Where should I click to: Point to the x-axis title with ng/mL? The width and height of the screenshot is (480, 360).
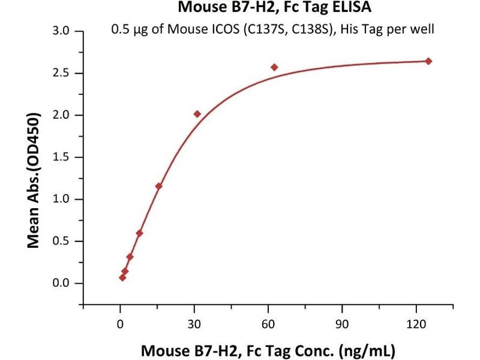click(x=268, y=349)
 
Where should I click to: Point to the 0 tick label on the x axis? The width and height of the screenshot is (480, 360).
click(x=120, y=325)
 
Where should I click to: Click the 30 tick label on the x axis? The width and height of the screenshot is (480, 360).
click(x=194, y=325)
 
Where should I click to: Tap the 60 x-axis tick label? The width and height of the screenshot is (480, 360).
click(x=268, y=325)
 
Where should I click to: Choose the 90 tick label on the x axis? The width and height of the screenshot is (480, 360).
click(x=342, y=325)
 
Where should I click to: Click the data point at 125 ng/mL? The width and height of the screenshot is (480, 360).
click(x=428, y=61)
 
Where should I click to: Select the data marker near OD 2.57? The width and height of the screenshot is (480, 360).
click(x=274, y=67)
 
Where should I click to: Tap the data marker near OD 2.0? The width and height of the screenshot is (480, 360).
click(x=197, y=114)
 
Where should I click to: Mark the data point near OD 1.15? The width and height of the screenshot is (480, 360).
click(x=158, y=186)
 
